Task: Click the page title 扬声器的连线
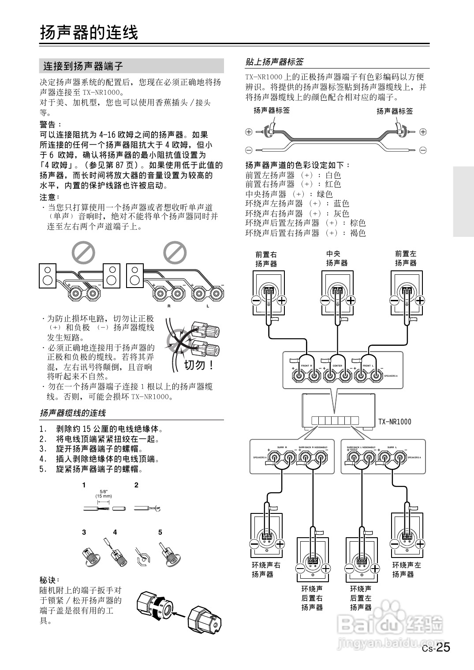tap(89, 33)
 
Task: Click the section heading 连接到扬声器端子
tap(83, 67)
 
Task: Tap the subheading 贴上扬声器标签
tap(274, 61)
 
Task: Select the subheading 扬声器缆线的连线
tap(73, 413)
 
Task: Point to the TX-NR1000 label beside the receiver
tap(394, 422)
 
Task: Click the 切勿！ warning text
tap(199, 365)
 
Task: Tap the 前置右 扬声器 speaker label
tap(266, 258)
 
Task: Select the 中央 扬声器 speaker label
tap(337, 258)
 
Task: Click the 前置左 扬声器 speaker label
tap(406, 258)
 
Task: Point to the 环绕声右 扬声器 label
tap(266, 569)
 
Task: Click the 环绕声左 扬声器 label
tap(407, 569)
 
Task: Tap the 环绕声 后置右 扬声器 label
tap(312, 598)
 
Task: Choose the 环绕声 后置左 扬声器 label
tap(361, 598)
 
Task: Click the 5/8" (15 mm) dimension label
tap(104, 494)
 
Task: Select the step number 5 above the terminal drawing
tap(160, 532)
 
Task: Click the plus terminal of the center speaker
tap(351, 300)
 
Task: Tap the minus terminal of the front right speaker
tap(256, 300)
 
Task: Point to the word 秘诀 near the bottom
tap(49, 580)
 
